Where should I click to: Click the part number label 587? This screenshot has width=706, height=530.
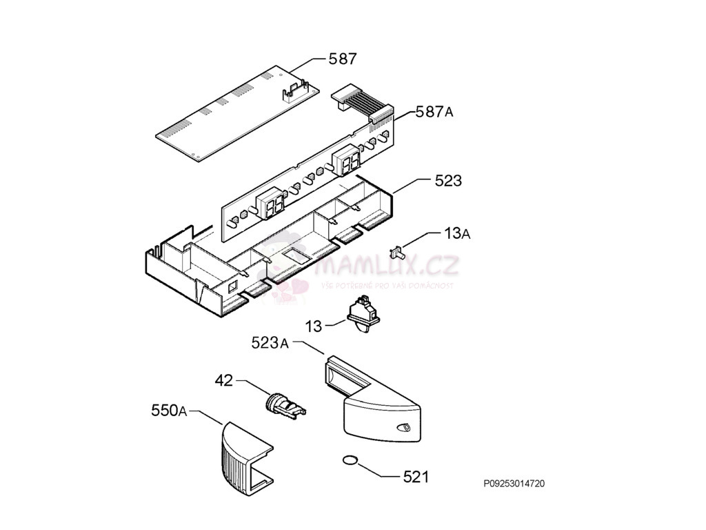point(342,59)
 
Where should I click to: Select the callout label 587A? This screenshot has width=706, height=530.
point(434,112)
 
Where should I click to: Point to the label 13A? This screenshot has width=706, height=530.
point(456,234)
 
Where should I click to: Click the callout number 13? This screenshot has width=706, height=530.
point(314,326)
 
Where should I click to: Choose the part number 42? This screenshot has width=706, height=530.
point(224,380)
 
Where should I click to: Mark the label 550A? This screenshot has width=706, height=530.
point(169,411)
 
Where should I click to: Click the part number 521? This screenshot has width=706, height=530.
point(416,476)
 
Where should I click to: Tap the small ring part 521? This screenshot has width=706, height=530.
point(350,460)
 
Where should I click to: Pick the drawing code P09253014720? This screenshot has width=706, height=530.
point(514,484)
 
